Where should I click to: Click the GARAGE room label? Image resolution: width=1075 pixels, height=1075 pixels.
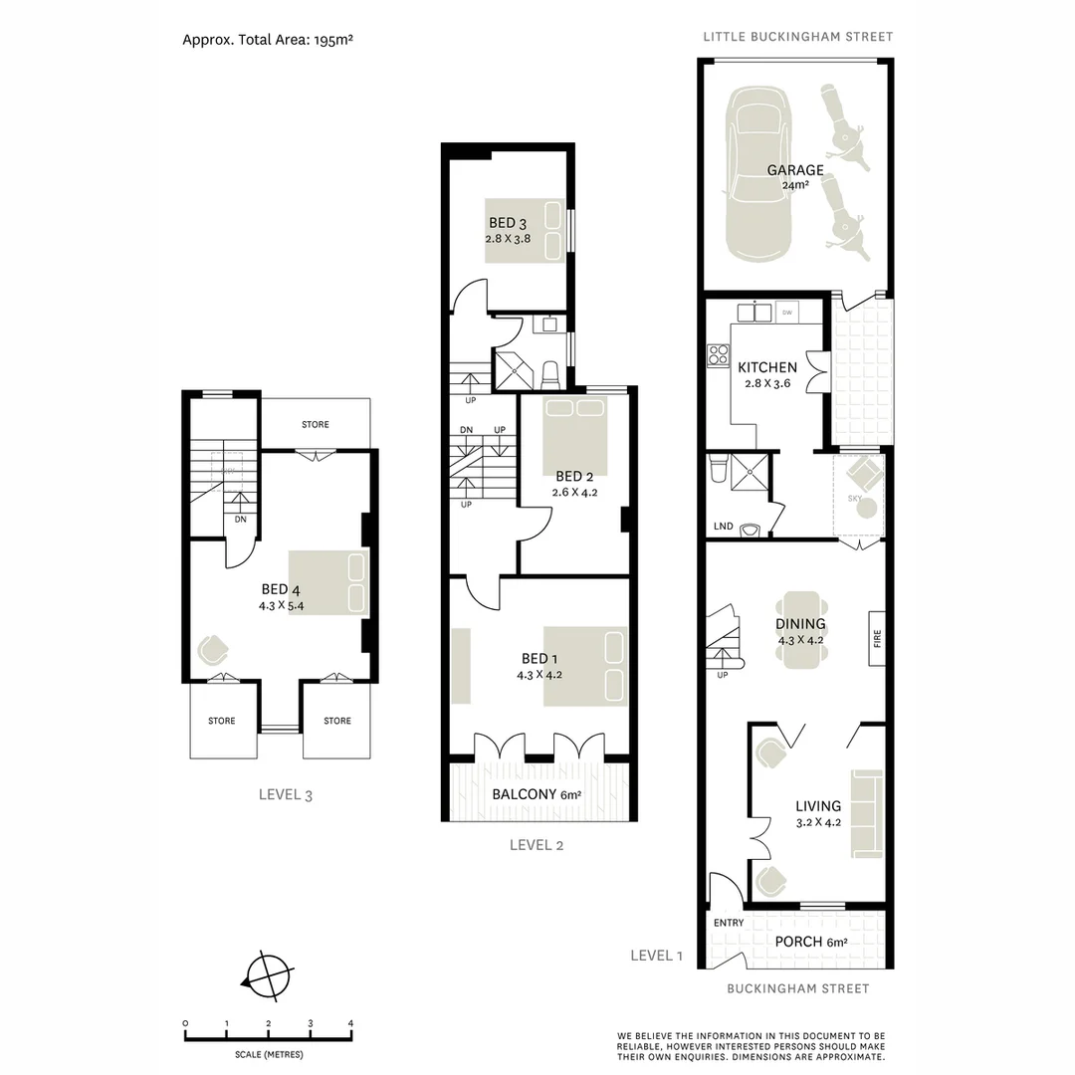794,170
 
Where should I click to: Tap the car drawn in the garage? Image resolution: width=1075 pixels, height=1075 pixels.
760,174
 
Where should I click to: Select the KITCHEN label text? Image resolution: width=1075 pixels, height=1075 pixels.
766,367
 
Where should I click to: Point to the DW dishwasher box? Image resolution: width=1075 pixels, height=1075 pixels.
786,313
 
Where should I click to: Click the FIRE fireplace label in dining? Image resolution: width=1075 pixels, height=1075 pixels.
877,637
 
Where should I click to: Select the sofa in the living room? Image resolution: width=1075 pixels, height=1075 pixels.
866,812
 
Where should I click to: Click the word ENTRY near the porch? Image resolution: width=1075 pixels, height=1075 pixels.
729,923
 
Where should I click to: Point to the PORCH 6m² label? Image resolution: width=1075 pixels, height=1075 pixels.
810,942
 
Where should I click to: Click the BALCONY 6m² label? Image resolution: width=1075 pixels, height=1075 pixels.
537,794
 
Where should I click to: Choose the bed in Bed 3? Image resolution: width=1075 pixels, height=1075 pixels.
524,231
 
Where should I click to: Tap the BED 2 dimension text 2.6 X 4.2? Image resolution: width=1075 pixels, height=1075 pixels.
573,492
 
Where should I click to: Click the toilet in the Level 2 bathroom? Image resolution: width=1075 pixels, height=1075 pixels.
549,375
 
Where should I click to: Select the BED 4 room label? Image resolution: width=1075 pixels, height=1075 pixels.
281,589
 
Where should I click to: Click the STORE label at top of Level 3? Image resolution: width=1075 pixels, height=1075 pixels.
315,425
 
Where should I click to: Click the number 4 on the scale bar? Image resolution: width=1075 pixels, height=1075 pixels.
350,1023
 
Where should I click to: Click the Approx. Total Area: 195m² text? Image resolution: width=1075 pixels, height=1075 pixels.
269,41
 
